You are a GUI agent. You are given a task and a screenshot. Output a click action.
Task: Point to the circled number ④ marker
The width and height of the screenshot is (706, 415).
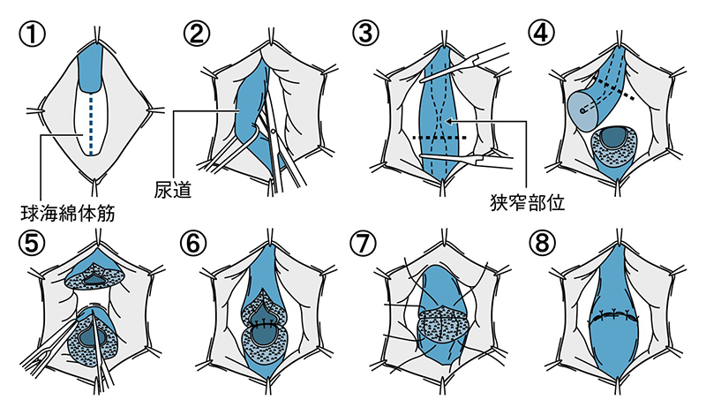[x=540, y=34]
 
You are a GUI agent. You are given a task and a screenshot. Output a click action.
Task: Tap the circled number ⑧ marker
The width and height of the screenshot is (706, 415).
[x=540, y=242]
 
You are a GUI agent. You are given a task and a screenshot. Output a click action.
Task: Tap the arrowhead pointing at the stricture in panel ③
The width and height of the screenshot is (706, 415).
[x=449, y=121]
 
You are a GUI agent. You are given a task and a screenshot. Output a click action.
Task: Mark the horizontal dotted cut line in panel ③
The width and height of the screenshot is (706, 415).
[x=439, y=139]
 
